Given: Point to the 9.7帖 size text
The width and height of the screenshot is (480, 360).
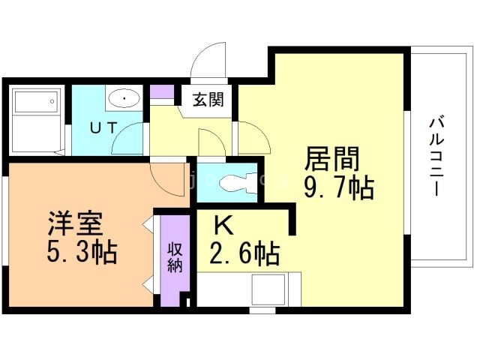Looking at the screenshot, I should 338,188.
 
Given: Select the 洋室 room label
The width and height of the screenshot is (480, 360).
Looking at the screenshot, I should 76,223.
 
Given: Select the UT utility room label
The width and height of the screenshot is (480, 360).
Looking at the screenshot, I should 103,127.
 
